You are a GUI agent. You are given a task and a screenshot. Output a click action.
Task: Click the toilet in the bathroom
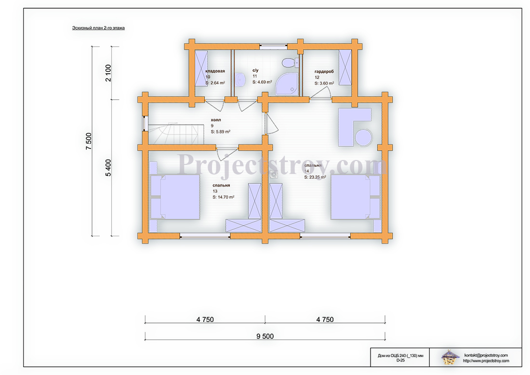click(290, 63)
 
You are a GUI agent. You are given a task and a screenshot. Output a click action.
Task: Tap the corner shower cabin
click(287, 83)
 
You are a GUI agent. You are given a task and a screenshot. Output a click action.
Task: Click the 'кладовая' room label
click(215, 71)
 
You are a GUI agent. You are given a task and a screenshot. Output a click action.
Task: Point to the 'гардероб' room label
click(324, 71)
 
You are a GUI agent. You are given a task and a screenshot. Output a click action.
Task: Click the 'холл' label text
click(216, 120)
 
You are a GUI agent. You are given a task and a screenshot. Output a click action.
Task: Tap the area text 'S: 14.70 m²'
click(224, 197)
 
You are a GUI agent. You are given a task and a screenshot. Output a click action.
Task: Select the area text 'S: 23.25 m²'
click(315, 177)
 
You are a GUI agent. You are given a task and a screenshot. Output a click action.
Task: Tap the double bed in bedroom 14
click(356, 197)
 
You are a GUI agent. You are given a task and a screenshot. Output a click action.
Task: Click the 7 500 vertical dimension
click(89, 141)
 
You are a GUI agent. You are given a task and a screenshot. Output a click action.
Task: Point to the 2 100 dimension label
click(108, 73)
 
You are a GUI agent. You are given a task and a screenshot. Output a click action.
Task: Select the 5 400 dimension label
click(108, 168)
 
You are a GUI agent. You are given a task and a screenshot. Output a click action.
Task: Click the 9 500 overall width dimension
click(265, 336)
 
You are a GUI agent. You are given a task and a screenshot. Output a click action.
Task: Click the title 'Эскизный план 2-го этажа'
click(98, 28)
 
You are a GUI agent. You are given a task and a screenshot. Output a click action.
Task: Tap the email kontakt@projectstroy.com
click(486, 355)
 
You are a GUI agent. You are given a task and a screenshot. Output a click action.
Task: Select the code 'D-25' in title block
click(400, 360)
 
